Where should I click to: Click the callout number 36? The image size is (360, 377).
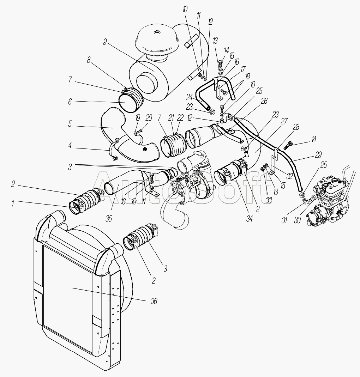(154, 301)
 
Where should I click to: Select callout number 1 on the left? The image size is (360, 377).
(13, 203)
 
